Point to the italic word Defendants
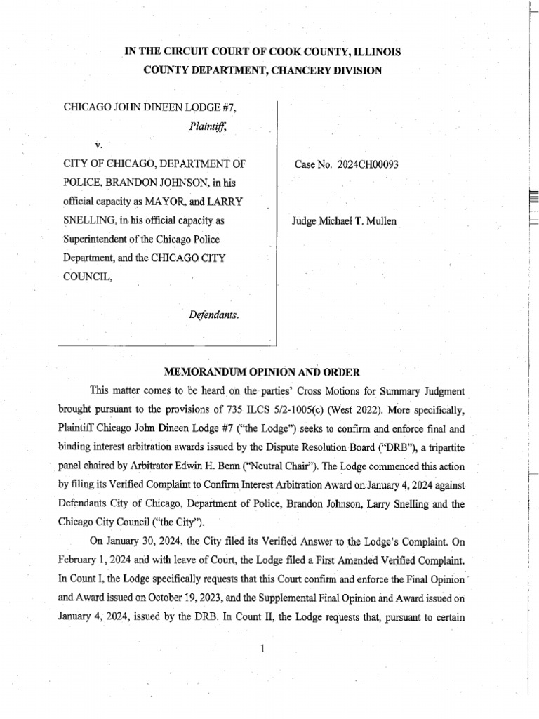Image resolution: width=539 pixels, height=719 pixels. (x=214, y=315)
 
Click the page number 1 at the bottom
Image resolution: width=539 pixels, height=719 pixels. (x=261, y=648)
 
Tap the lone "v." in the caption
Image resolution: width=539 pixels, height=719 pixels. (x=98, y=145)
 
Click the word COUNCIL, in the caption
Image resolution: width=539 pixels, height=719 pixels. (x=87, y=277)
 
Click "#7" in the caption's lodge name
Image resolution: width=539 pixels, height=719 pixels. (x=236, y=108)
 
